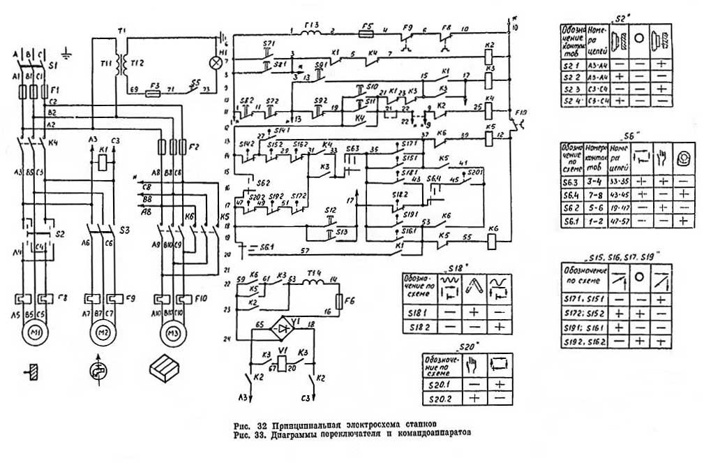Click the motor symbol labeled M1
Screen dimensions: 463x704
click(32, 333)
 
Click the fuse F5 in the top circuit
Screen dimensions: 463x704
click(366, 32)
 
